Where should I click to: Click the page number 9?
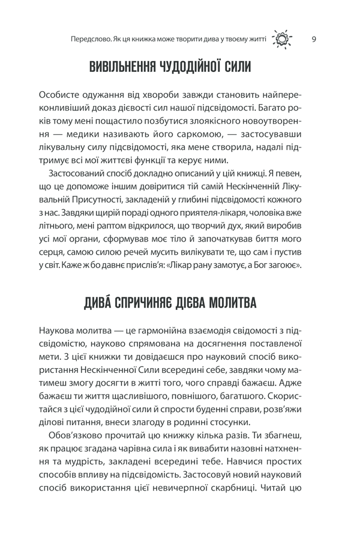(x=315, y=40)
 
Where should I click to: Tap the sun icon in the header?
(x=282, y=40)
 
